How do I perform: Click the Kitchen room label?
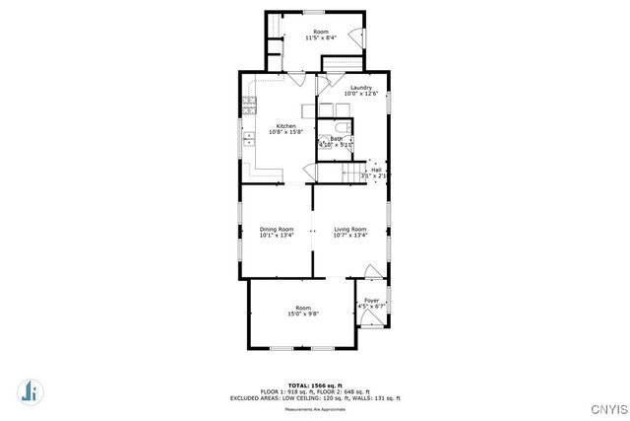click(285, 125)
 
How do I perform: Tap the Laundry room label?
click(360, 88)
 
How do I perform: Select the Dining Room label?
click(277, 229)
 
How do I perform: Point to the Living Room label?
click(349, 229)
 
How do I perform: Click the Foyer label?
click(371, 300)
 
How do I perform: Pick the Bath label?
click(336, 139)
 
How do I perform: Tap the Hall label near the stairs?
click(376, 170)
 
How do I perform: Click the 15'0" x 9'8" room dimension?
click(303, 314)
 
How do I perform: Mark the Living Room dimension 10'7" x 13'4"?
click(349, 235)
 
